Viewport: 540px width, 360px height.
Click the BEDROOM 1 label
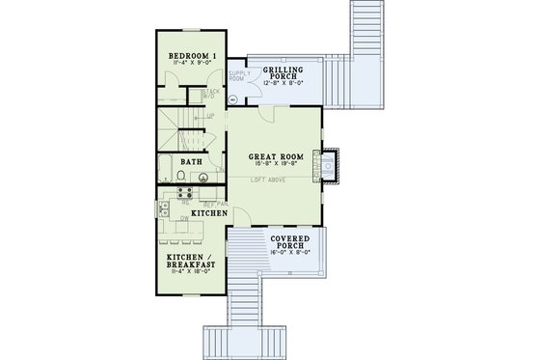pyautogui.click(x=190, y=55)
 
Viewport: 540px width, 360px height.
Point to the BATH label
pyautogui.click(x=192, y=163)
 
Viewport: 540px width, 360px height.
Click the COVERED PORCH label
pyautogui.click(x=290, y=241)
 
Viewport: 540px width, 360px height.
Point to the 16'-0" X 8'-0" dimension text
pyautogui.click(x=290, y=253)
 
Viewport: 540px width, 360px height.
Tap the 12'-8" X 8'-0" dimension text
pyautogui.click(x=284, y=83)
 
